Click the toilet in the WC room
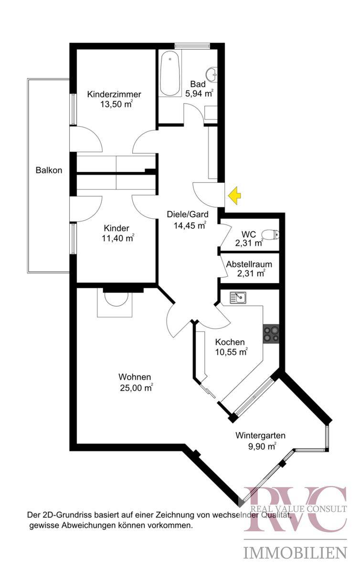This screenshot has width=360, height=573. (x=272, y=234)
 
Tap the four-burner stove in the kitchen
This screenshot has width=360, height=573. (x=271, y=333)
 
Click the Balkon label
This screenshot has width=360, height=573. (x=49, y=170)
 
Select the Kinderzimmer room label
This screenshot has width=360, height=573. (x=114, y=95)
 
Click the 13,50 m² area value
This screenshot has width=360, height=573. (x=116, y=105)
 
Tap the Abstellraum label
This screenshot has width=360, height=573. (x=249, y=264)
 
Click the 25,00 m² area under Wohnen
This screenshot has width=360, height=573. (x=136, y=388)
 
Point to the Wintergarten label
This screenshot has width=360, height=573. (x=261, y=435)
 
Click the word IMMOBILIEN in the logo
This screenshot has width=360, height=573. (x=296, y=553)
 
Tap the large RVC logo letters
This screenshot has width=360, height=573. (x=296, y=509)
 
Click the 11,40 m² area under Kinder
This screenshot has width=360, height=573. (x=117, y=239)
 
